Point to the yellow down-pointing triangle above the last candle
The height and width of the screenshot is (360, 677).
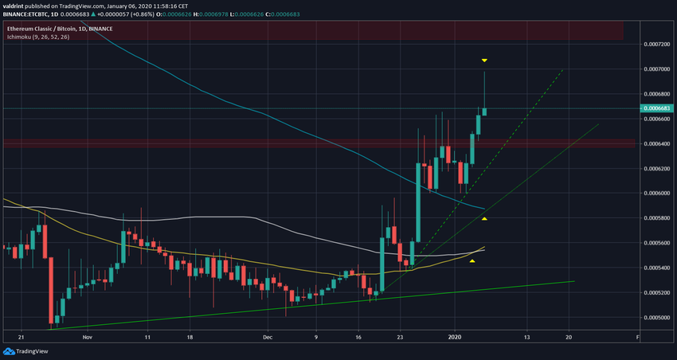(484, 61)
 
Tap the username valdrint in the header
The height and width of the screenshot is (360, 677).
(18, 6)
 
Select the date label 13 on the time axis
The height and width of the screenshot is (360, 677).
(526, 337)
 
